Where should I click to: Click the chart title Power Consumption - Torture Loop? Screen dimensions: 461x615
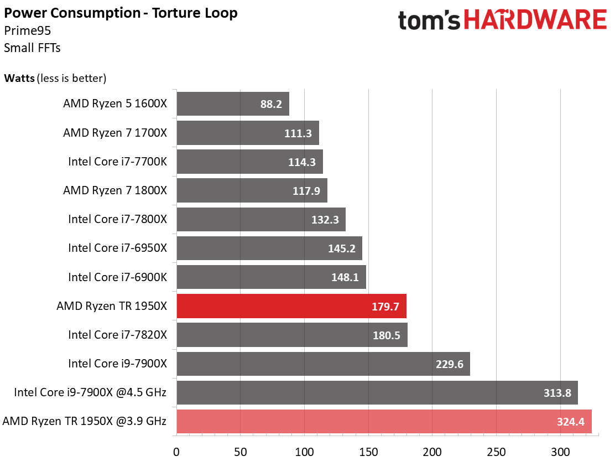click(x=121, y=13)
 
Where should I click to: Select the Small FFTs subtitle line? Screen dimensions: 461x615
click(x=32, y=48)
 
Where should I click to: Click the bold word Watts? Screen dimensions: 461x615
click(x=19, y=78)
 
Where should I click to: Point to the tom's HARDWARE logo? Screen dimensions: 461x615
click(x=502, y=20)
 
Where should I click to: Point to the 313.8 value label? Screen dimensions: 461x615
click(x=557, y=393)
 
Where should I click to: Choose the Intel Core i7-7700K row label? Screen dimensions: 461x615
click(x=117, y=162)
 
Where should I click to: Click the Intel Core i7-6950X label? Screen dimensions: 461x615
click(x=117, y=248)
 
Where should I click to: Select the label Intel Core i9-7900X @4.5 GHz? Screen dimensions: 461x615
click(x=91, y=392)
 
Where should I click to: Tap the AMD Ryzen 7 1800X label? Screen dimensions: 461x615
click(x=114, y=190)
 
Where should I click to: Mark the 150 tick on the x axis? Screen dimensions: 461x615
click(x=369, y=452)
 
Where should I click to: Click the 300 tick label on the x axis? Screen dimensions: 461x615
click(x=561, y=452)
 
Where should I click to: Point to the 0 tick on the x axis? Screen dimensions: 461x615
click(x=176, y=452)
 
